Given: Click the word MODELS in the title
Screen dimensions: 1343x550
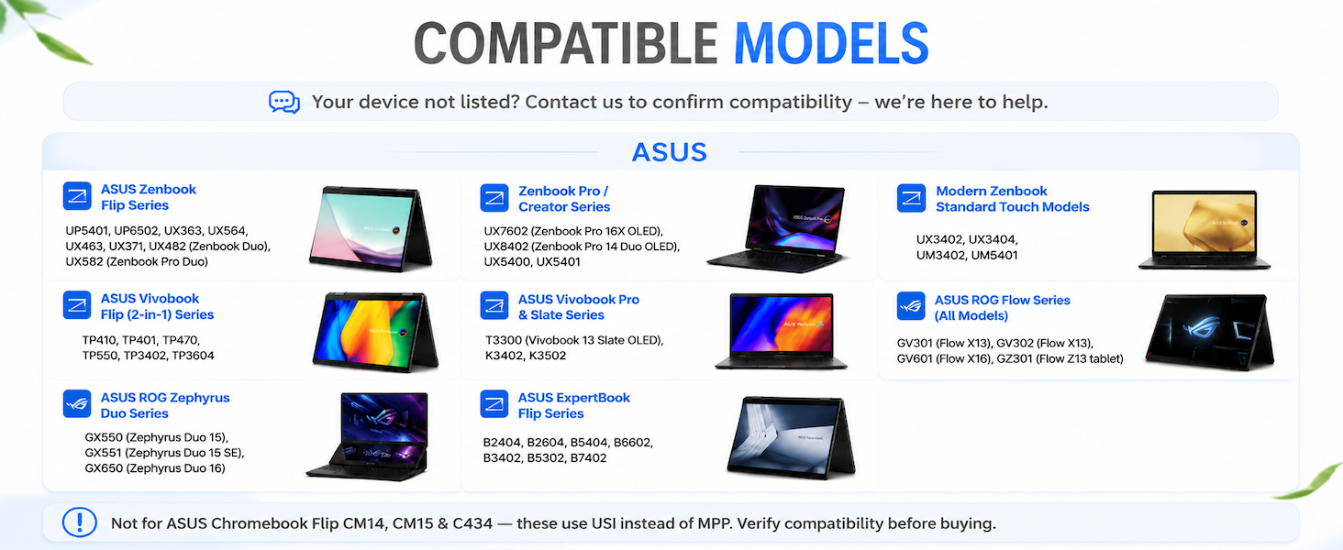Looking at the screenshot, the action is pos(831,43).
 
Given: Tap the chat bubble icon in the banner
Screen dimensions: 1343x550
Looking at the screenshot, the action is pos(284,102).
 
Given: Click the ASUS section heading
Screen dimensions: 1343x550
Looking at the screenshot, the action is pos(670,152).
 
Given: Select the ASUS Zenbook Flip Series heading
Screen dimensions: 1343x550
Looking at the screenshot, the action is pos(148,197).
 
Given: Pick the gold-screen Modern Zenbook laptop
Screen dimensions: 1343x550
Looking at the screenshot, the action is pos(1204,229).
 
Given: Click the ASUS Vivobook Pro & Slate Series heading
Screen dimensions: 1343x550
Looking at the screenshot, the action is pos(579,307).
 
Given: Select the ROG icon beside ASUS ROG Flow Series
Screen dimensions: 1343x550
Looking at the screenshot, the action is pos(911,306).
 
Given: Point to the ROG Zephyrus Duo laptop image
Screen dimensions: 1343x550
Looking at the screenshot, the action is pos(368,436).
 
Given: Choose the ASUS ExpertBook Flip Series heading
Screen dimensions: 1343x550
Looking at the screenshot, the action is pos(573,405).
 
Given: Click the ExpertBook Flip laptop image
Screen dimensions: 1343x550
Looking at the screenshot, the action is pos(791,437).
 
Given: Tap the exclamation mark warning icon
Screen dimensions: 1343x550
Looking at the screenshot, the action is pos(80,522).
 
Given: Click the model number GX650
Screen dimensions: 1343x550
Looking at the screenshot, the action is pos(104,467).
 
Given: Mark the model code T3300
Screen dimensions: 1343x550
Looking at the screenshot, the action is pos(503,340).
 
